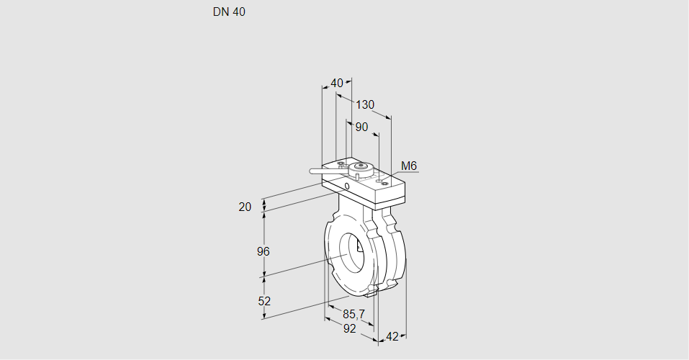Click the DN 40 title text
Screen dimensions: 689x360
click(x=229, y=12)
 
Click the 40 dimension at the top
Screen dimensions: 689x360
click(x=337, y=83)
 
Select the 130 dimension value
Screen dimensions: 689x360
click(x=365, y=104)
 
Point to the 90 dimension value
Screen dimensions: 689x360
click(x=361, y=127)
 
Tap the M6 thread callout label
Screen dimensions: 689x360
click(x=409, y=166)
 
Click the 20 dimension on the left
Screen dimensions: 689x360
click(x=245, y=207)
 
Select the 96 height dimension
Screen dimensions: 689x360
click(x=263, y=251)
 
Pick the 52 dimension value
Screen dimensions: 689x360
click(x=264, y=301)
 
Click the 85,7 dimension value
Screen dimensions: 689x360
click(x=353, y=315)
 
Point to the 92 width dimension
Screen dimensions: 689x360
click(x=349, y=328)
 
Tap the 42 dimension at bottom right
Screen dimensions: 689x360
click(x=392, y=336)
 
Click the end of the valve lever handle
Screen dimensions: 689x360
click(x=312, y=171)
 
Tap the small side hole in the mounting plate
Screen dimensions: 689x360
click(x=347, y=186)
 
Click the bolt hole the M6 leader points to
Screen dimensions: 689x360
click(x=385, y=184)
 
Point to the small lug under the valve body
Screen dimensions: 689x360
click(x=371, y=291)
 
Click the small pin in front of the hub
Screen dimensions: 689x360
click(x=358, y=176)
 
